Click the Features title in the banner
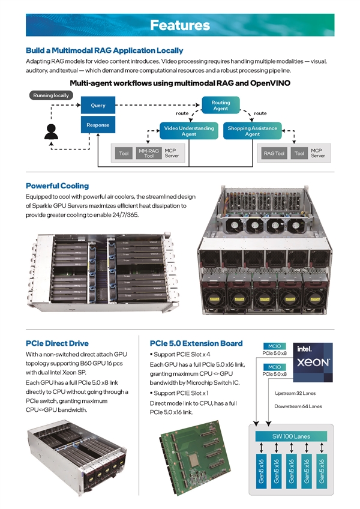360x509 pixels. pos(180,25)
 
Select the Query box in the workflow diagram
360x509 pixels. pos(98,106)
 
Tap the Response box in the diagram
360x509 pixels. pos(98,125)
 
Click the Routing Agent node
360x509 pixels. pos(220,106)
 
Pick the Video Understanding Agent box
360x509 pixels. pos(188,131)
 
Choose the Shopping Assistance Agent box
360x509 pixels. pos(252,131)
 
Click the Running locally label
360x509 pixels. pos(51,95)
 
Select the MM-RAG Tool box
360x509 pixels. pos(149,154)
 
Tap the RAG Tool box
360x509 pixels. pos(274,154)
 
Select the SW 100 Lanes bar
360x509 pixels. pos(290,436)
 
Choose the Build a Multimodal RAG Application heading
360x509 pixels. pos(104,50)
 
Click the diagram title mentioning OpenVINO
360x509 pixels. pos(180,83)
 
